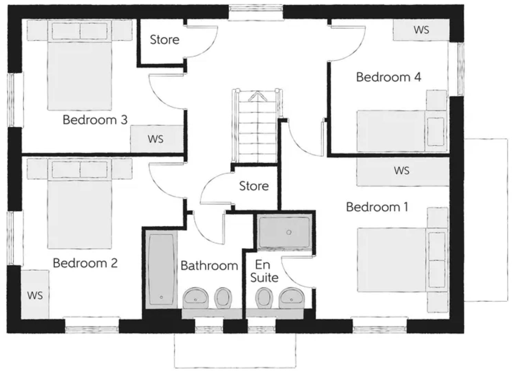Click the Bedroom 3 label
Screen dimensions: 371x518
(x=95, y=120)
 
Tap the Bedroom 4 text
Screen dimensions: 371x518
(x=388, y=77)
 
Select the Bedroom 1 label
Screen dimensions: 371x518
(x=377, y=207)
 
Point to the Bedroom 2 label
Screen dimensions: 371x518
(x=85, y=263)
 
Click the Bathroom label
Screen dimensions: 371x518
(x=209, y=266)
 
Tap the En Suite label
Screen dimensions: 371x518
(x=264, y=271)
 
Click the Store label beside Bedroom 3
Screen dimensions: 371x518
(x=164, y=40)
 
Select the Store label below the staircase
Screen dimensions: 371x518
(x=254, y=186)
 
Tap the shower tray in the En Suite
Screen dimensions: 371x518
(x=284, y=232)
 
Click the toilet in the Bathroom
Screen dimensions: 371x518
(x=223, y=297)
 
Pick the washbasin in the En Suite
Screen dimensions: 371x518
(x=291, y=298)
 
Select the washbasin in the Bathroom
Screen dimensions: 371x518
(x=195, y=298)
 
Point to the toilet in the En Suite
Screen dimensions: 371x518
(x=264, y=297)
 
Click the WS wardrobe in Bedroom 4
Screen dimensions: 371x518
(x=421, y=30)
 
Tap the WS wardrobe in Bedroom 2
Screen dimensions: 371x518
(x=35, y=295)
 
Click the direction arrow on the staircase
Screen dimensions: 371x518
(x=258, y=96)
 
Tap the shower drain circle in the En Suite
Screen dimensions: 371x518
(x=289, y=232)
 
